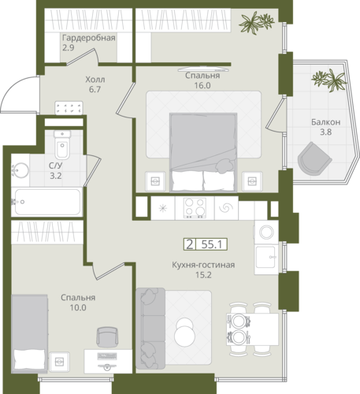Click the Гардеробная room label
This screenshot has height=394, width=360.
89,38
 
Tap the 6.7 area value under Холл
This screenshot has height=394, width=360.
95,89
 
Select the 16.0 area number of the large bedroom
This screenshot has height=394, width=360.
202,85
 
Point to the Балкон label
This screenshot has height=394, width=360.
326,122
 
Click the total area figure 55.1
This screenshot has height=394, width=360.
212,244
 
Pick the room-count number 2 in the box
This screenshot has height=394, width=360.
189,244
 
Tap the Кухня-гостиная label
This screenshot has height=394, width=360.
203,265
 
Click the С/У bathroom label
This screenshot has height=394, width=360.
56,165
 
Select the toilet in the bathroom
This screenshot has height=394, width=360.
62,145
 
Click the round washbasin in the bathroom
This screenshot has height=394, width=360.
20,170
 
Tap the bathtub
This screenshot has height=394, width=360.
47,202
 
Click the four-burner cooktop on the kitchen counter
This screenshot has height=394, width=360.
195,208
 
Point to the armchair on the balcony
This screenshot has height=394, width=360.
314,159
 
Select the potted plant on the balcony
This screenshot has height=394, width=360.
329,80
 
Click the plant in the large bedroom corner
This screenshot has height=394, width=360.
257,23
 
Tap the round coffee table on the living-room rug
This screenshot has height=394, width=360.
185,333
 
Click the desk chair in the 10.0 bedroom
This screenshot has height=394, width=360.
107,337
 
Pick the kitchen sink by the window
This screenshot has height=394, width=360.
265,257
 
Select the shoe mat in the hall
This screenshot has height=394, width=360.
69,108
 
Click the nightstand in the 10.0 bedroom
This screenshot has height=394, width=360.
60,362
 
